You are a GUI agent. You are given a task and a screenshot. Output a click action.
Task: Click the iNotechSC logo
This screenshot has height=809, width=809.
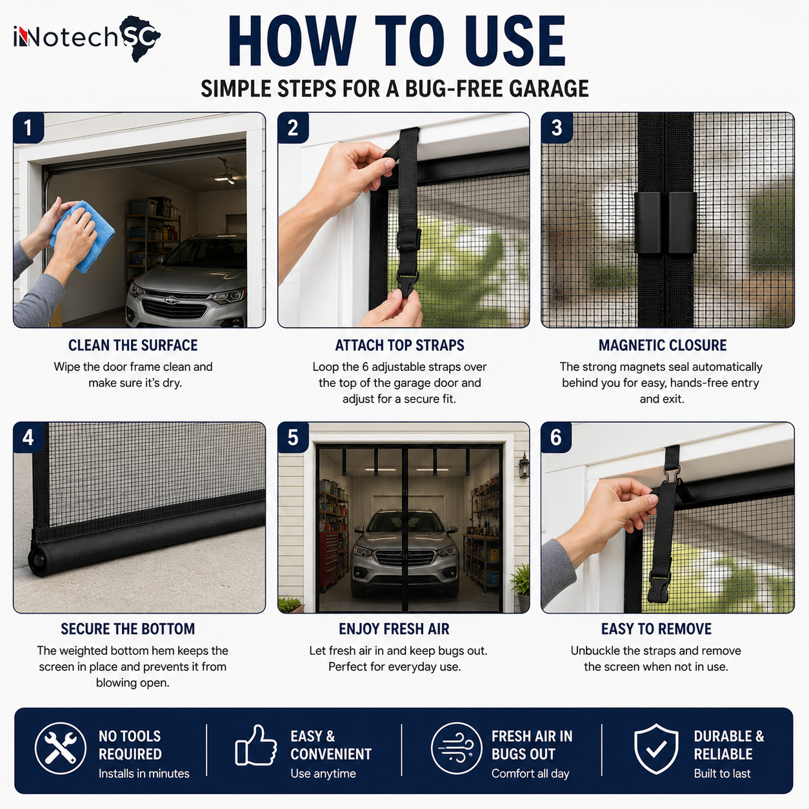coord(87,38)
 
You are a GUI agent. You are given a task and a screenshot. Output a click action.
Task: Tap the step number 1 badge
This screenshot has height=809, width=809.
coord(28,128)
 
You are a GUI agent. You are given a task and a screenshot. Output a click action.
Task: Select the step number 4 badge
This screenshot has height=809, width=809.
coord(28,437)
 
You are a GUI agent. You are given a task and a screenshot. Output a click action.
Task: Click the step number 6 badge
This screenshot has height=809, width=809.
coord(556,437)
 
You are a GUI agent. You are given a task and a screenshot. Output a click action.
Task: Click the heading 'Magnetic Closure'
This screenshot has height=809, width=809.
coord(662,345)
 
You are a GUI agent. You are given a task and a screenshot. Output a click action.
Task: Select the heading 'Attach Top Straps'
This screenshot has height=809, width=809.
coord(399,345)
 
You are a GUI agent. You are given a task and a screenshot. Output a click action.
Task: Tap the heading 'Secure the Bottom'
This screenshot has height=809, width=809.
coord(128,628)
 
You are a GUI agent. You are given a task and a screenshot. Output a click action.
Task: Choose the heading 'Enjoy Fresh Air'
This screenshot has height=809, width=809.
coord(394,628)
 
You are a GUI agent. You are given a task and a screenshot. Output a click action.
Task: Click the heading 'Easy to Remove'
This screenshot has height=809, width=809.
coord(656,628)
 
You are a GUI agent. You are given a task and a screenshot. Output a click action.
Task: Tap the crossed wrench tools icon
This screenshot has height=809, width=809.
coord(61,748)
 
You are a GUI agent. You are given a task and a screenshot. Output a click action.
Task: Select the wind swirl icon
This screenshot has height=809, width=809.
coord(456,748)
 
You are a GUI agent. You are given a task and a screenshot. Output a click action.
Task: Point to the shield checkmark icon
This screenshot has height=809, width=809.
coord(655,748)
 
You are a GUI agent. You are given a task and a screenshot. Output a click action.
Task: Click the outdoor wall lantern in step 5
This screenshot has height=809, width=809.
coord(524,465)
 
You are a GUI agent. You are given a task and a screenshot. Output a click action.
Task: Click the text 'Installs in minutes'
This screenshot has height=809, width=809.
coord(144,774)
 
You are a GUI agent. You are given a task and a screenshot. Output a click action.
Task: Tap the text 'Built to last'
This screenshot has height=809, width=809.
coord(722,774)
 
